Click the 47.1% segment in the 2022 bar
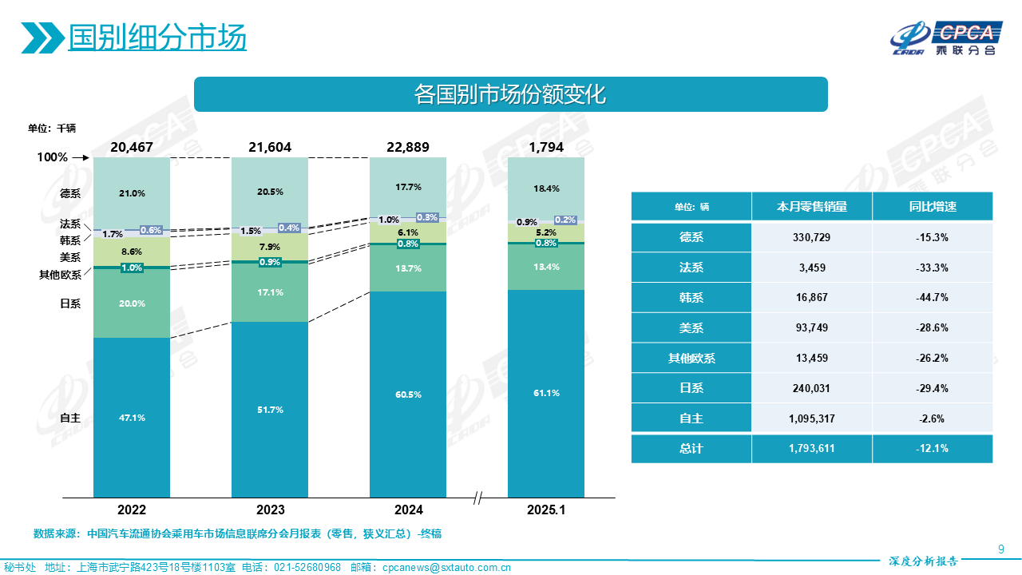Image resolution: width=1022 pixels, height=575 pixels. [x=132, y=418]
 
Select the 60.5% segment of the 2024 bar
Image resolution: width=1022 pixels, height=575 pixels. [x=408, y=395]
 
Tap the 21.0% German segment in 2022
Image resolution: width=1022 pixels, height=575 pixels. [x=132, y=193]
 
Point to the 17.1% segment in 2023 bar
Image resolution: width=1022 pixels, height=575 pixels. [x=270, y=292]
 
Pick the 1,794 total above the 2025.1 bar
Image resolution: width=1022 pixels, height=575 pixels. [x=546, y=147]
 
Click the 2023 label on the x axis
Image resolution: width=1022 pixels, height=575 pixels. [x=270, y=510]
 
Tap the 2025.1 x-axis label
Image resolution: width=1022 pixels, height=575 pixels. [x=546, y=510]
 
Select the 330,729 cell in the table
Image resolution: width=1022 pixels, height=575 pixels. [x=811, y=237]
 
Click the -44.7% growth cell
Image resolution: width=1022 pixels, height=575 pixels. [x=932, y=297]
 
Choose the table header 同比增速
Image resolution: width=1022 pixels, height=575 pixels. [x=932, y=207]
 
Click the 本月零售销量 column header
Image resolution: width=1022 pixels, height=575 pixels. [x=811, y=207]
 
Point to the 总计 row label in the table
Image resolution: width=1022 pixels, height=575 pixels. [x=691, y=448]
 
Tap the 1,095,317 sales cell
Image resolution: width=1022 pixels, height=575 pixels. [x=811, y=418]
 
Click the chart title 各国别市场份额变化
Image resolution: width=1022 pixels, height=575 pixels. [x=510, y=94]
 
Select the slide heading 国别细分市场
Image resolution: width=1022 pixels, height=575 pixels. [x=156, y=38]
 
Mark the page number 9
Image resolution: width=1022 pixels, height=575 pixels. [x=1000, y=548]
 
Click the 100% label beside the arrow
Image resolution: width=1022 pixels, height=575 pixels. [x=53, y=157]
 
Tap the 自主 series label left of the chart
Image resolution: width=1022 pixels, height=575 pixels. [x=70, y=418]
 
